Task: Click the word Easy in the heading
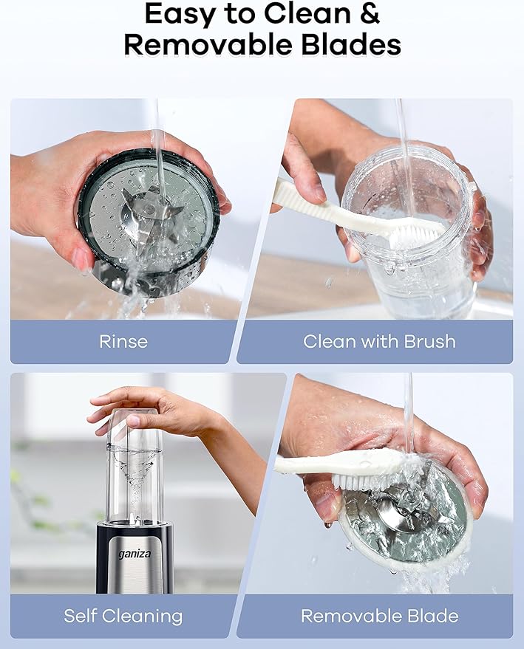pyautogui.click(x=180, y=15)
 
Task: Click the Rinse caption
pyautogui.click(x=123, y=341)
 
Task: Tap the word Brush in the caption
pyautogui.click(x=429, y=341)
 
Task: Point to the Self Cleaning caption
pyautogui.click(x=123, y=616)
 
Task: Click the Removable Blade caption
pyautogui.click(x=379, y=616)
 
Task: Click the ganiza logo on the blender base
pyautogui.click(x=135, y=554)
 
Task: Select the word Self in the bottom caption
pyautogui.click(x=81, y=616)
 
